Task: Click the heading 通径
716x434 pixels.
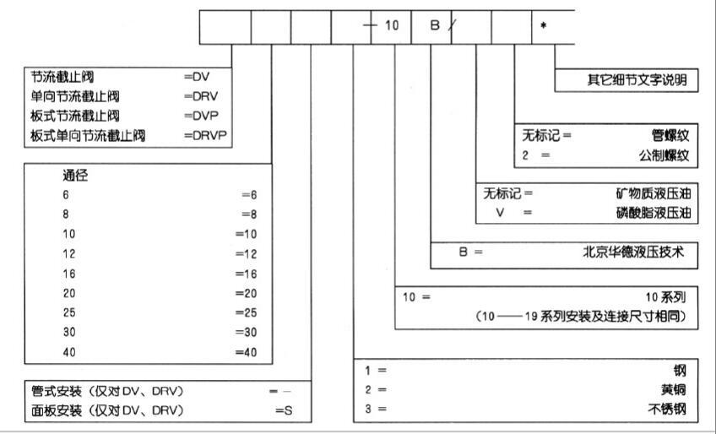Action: click(76, 176)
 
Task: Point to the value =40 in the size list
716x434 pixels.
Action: click(245, 352)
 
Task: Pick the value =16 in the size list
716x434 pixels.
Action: click(245, 274)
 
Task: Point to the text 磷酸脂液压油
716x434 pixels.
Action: click(654, 213)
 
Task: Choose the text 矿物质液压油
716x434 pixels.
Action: click(654, 193)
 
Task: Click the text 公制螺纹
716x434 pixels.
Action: click(664, 155)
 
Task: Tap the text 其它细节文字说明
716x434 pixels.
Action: click(637, 80)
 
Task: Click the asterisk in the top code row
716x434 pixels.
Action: click(544, 25)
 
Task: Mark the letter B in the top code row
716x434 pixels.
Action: click(435, 25)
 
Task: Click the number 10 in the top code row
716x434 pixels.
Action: click(392, 25)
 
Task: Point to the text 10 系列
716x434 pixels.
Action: click(667, 297)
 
